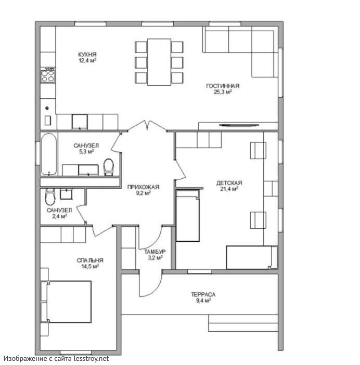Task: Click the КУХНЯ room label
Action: [87, 55]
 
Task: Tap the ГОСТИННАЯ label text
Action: [223, 86]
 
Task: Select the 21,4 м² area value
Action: [229, 189]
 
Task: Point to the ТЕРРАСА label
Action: [203, 294]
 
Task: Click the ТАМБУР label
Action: [155, 252]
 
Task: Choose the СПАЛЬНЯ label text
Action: [90, 260]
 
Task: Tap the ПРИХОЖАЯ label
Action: [143, 187]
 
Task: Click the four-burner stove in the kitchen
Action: [48, 76]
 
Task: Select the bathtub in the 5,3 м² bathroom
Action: [49, 154]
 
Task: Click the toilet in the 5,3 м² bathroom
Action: [108, 167]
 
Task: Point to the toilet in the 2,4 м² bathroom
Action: [50, 197]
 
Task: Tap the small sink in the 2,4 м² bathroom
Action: [66, 194]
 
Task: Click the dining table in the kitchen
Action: [159, 62]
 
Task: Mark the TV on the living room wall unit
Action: [239, 125]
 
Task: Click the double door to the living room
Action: [147, 126]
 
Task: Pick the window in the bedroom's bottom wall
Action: [76, 352]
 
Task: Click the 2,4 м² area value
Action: [59, 216]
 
